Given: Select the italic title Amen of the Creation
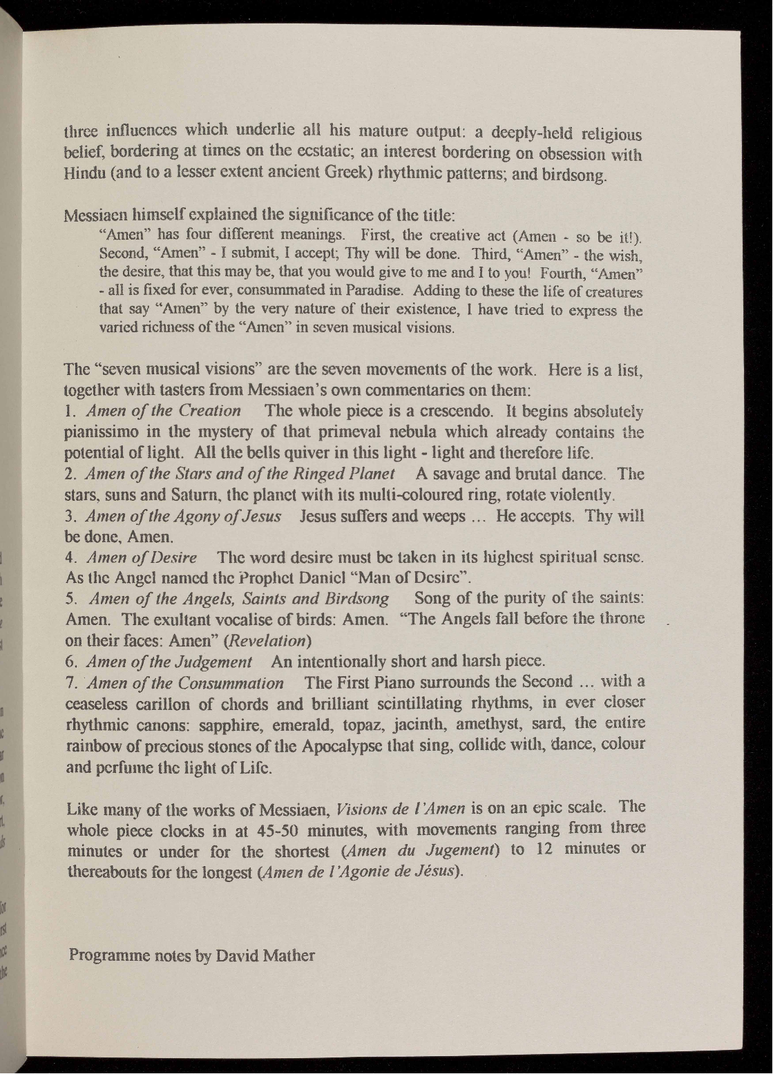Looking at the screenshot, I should (x=163, y=411).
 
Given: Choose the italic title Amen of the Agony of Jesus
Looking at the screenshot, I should (x=183, y=517).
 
